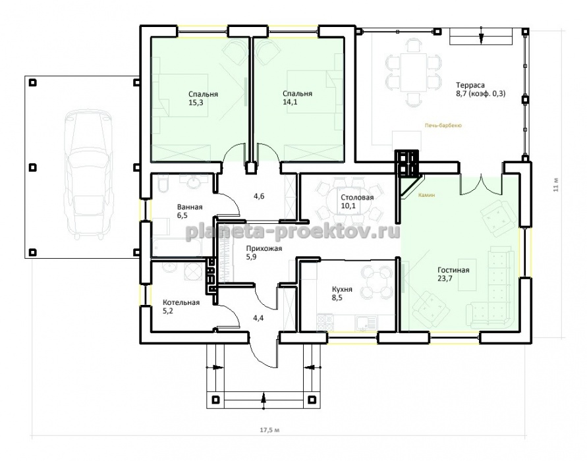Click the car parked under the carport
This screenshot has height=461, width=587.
tap(90, 175)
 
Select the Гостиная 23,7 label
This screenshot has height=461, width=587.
tap(453, 274)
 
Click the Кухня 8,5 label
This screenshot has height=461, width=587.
tap(342, 293)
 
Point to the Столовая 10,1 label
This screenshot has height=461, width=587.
tap(357, 202)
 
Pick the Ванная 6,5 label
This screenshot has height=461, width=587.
tap(190, 211)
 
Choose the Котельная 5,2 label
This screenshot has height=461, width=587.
tap(181, 306)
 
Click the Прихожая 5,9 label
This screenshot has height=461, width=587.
tap(264, 253)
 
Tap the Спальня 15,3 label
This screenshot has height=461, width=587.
tap(204, 98)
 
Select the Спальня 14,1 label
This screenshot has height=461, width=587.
tap(298, 97)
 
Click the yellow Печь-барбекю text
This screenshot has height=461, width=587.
tap(443, 126)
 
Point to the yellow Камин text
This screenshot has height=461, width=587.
tap(427, 196)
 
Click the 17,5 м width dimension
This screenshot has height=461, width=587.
tap(269, 430)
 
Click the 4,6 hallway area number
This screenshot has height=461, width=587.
tap(259, 196)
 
